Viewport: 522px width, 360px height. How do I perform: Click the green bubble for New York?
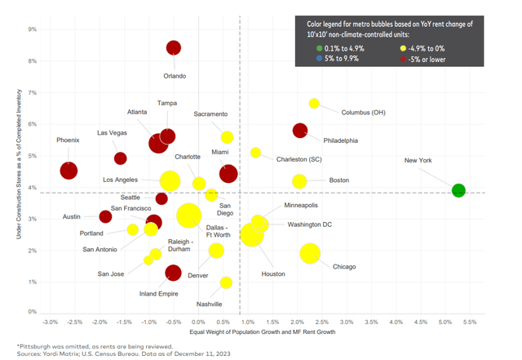click(458, 190)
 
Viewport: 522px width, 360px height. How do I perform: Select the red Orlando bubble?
click(174, 47)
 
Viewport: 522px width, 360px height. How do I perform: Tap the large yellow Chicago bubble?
click(310, 253)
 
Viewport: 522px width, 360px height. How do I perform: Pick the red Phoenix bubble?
click(69, 171)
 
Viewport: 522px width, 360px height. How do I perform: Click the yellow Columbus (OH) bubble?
click(314, 104)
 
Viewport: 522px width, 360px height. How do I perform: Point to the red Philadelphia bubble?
click(299, 130)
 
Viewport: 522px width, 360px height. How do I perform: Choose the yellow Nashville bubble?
click(226, 282)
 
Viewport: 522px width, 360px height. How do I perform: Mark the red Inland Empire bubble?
click(173, 273)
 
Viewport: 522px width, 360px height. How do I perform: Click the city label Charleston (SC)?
click(321, 159)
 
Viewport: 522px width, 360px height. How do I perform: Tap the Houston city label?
click(273, 273)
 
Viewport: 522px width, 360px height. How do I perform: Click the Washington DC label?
click(309, 224)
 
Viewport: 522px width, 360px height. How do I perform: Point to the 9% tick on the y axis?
click(33, 29)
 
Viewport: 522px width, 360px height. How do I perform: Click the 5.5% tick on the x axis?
click(470, 322)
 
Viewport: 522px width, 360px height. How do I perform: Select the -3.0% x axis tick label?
click(50, 322)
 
